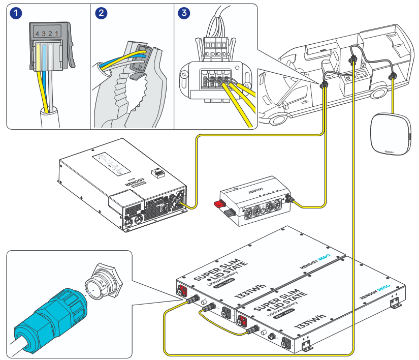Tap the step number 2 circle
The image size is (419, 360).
click(x=101, y=14)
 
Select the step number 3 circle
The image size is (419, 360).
click(x=184, y=14)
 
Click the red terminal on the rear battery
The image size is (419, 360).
click(x=181, y=292)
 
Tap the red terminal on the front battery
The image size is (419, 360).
click(x=243, y=321)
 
